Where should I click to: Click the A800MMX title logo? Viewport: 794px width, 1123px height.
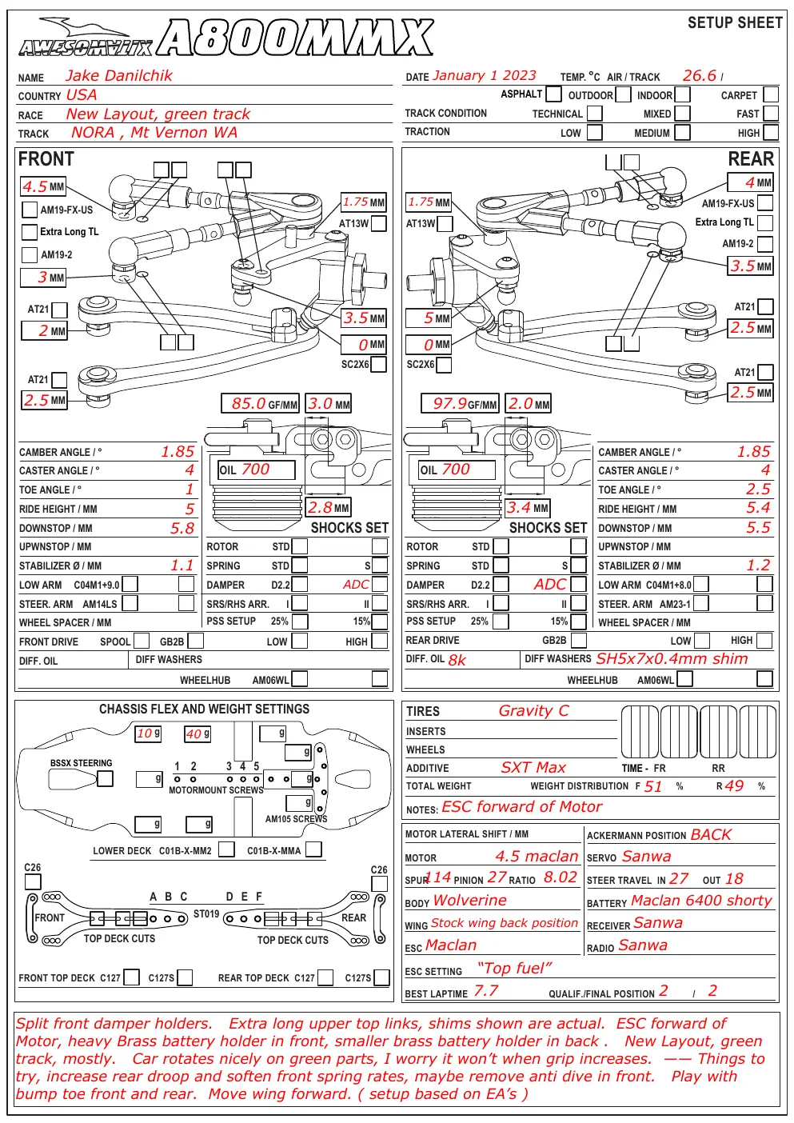coord(295,37)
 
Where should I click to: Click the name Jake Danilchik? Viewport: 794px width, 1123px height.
coord(119,75)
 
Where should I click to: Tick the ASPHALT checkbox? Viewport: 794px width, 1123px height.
coord(553,94)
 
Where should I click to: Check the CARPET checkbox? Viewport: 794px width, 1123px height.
coord(771,94)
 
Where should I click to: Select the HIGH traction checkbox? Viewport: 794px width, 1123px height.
coord(771,132)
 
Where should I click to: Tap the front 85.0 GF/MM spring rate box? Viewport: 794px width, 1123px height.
coord(260,403)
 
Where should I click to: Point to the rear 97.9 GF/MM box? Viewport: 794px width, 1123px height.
coord(460,403)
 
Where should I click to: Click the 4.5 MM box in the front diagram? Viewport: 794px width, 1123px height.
coord(43,186)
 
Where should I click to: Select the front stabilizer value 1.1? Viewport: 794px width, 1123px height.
coord(182,565)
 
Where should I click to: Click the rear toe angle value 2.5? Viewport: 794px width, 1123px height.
coord(758,489)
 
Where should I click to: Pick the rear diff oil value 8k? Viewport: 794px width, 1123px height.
coord(457,660)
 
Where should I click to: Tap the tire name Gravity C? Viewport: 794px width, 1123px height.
coord(533,710)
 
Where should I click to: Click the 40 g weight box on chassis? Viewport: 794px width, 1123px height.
coord(198,734)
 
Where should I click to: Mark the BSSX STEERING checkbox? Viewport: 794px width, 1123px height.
coord(105,778)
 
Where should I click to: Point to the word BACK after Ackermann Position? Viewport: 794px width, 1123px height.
coord(711,835)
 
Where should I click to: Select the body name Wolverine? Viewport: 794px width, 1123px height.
coord(469,900)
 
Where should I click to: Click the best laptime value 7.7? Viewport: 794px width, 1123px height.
coord(485,991)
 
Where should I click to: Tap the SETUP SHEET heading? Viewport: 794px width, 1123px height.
coord(735,22)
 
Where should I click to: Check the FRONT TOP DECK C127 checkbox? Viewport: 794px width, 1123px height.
coord(131,977)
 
